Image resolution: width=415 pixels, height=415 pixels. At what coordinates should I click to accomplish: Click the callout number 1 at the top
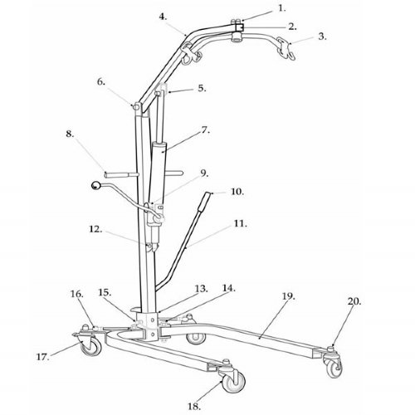(281, 8)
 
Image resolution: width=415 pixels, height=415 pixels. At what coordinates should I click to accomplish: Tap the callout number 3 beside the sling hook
(322, 37)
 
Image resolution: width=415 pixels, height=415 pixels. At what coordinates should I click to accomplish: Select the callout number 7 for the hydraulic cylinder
(205, 129)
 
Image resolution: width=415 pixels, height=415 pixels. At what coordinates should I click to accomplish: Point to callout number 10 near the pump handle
(237, 192)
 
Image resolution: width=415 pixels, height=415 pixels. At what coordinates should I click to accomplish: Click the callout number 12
(95, 229)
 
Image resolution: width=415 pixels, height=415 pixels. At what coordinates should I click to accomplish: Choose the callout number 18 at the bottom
(194, 407)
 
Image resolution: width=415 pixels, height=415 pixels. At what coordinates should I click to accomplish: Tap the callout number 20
(354, 301)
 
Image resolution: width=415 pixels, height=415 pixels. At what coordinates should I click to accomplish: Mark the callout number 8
(70, 134)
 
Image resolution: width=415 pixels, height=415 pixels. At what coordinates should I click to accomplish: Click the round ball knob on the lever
(95, 185)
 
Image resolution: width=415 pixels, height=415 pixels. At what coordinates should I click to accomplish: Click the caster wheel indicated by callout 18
(234, 382)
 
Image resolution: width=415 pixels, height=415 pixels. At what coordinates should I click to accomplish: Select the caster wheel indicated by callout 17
(91, 346)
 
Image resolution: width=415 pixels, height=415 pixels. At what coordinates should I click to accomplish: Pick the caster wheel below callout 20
(334, 367)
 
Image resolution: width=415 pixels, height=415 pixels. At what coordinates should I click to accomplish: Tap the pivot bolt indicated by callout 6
(136, 106)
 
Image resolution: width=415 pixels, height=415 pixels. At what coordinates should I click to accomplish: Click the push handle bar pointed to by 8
(122, 174)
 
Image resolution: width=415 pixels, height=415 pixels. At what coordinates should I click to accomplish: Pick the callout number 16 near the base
(76, 294)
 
